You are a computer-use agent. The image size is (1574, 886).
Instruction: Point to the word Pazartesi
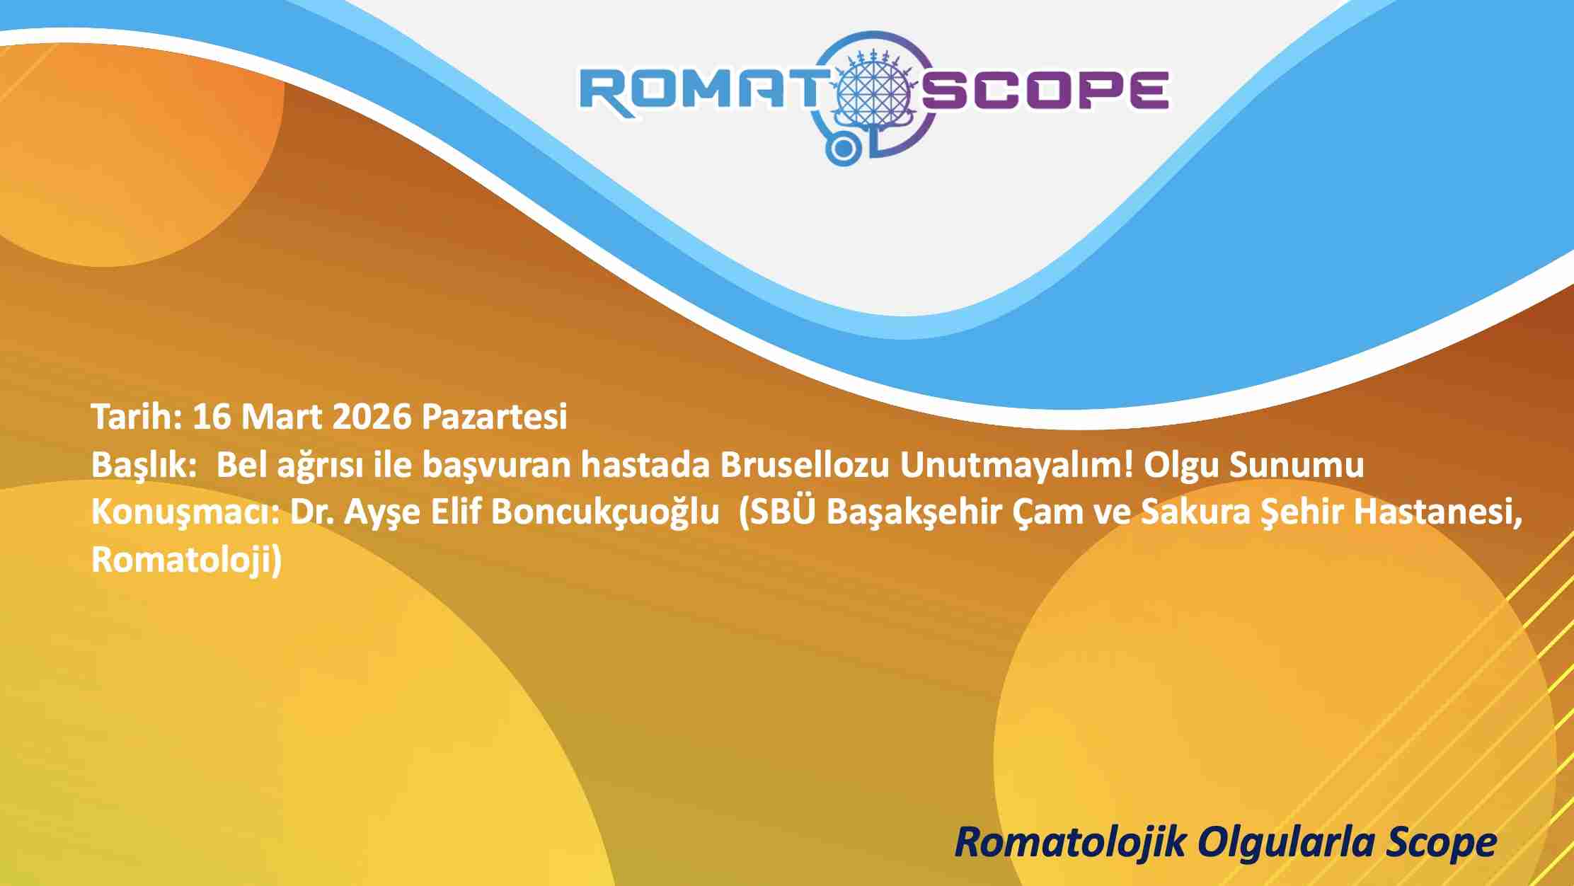pyautogui.click(x=494, y=417)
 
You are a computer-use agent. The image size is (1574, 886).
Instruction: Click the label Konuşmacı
pyautogui.click(x=186, y=513)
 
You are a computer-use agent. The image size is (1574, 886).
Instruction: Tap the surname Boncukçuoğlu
pyautogui.click(x=605, y=513)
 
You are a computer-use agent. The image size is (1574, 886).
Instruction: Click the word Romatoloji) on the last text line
pyautogui.click(x=187, y=560)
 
